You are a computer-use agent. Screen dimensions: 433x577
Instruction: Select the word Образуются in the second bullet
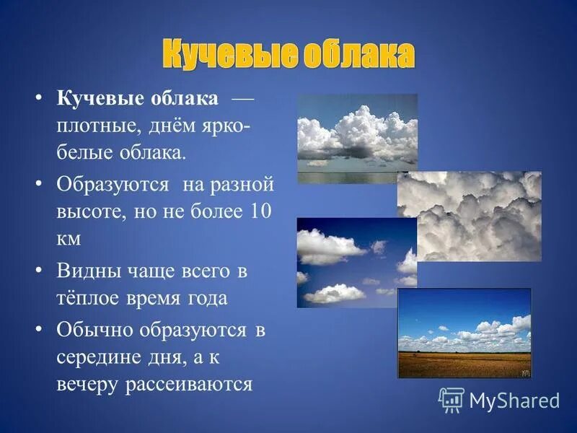(x=113, y=184)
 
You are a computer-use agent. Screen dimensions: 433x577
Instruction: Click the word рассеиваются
(x=190, y=384)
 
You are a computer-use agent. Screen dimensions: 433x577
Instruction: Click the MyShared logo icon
(x=452, y=399)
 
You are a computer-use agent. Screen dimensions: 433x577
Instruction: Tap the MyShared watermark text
(x=514, y=401)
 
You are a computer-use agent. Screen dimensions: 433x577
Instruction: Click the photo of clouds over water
(x=357, y=138)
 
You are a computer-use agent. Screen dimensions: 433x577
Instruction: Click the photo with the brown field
(x=464, y=333)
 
